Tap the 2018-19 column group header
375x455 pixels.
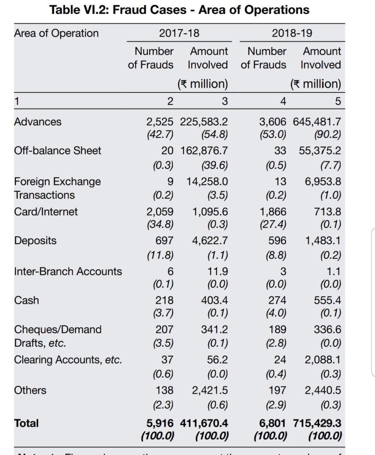coord(292,33)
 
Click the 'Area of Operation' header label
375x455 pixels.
coord(56,33)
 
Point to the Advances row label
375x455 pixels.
coord(38,122)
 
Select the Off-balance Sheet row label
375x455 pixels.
coord(58,151)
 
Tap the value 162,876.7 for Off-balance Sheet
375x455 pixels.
coord(204,151)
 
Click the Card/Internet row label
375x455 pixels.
coord(46,212)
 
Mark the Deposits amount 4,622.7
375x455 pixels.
coord(210,241)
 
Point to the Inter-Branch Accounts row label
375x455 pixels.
coord(68,271)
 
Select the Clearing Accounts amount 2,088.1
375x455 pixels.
coord(323,359)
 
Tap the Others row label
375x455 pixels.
coord(30,391)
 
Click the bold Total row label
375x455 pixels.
coord(27,423)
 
